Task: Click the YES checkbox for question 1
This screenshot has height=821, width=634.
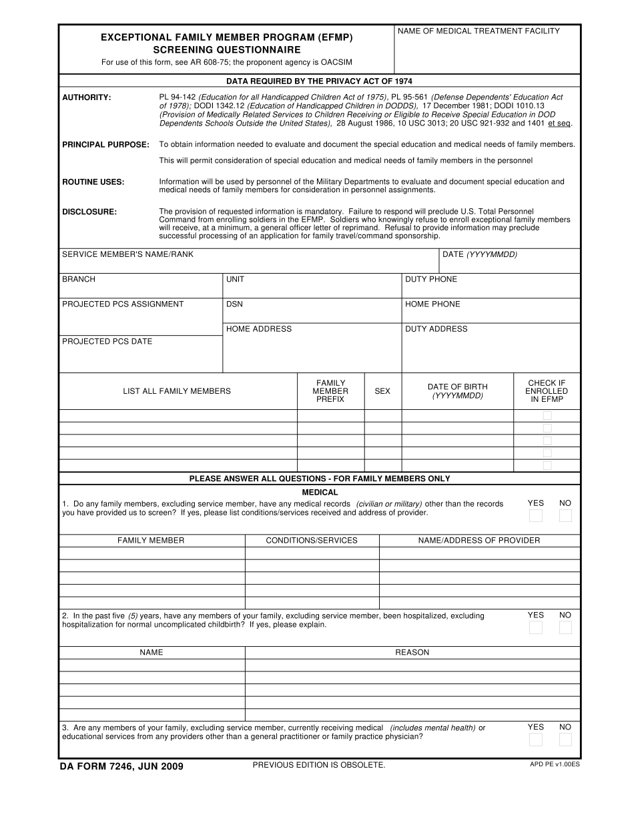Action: click(535, 515)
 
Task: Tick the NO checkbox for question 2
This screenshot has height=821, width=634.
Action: click(565, 627)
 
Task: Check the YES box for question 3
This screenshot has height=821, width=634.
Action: click(535, 740)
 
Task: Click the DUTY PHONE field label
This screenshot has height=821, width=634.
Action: click(431, 279)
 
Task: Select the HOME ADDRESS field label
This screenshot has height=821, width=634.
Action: click(259, 328)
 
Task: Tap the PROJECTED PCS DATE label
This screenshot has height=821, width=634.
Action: click(107, 341)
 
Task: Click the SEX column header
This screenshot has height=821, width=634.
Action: click(382, 391)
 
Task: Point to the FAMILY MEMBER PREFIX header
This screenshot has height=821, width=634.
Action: click(330, 391)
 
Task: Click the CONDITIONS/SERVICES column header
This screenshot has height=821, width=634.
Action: click(312, 540)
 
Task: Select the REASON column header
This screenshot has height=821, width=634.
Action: click(412, 652)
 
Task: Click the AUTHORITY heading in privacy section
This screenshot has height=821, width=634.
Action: click(87, 97)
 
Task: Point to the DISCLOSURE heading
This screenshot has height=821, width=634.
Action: click(89, 212)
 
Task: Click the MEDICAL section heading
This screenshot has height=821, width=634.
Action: click(320, 492)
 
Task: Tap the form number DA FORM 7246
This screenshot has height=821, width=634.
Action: click(121, 766)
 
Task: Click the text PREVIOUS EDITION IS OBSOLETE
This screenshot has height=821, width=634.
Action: click(319, 765)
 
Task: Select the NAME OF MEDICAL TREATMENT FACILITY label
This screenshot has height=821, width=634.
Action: click(479, 31)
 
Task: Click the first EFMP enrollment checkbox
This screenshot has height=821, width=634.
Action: click(547, 415)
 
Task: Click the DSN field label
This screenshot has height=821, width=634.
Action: click(234, 304)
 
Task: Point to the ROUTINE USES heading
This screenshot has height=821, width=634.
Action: click(93, 182)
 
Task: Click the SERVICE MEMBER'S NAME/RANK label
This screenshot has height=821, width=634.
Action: click(127, 254)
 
